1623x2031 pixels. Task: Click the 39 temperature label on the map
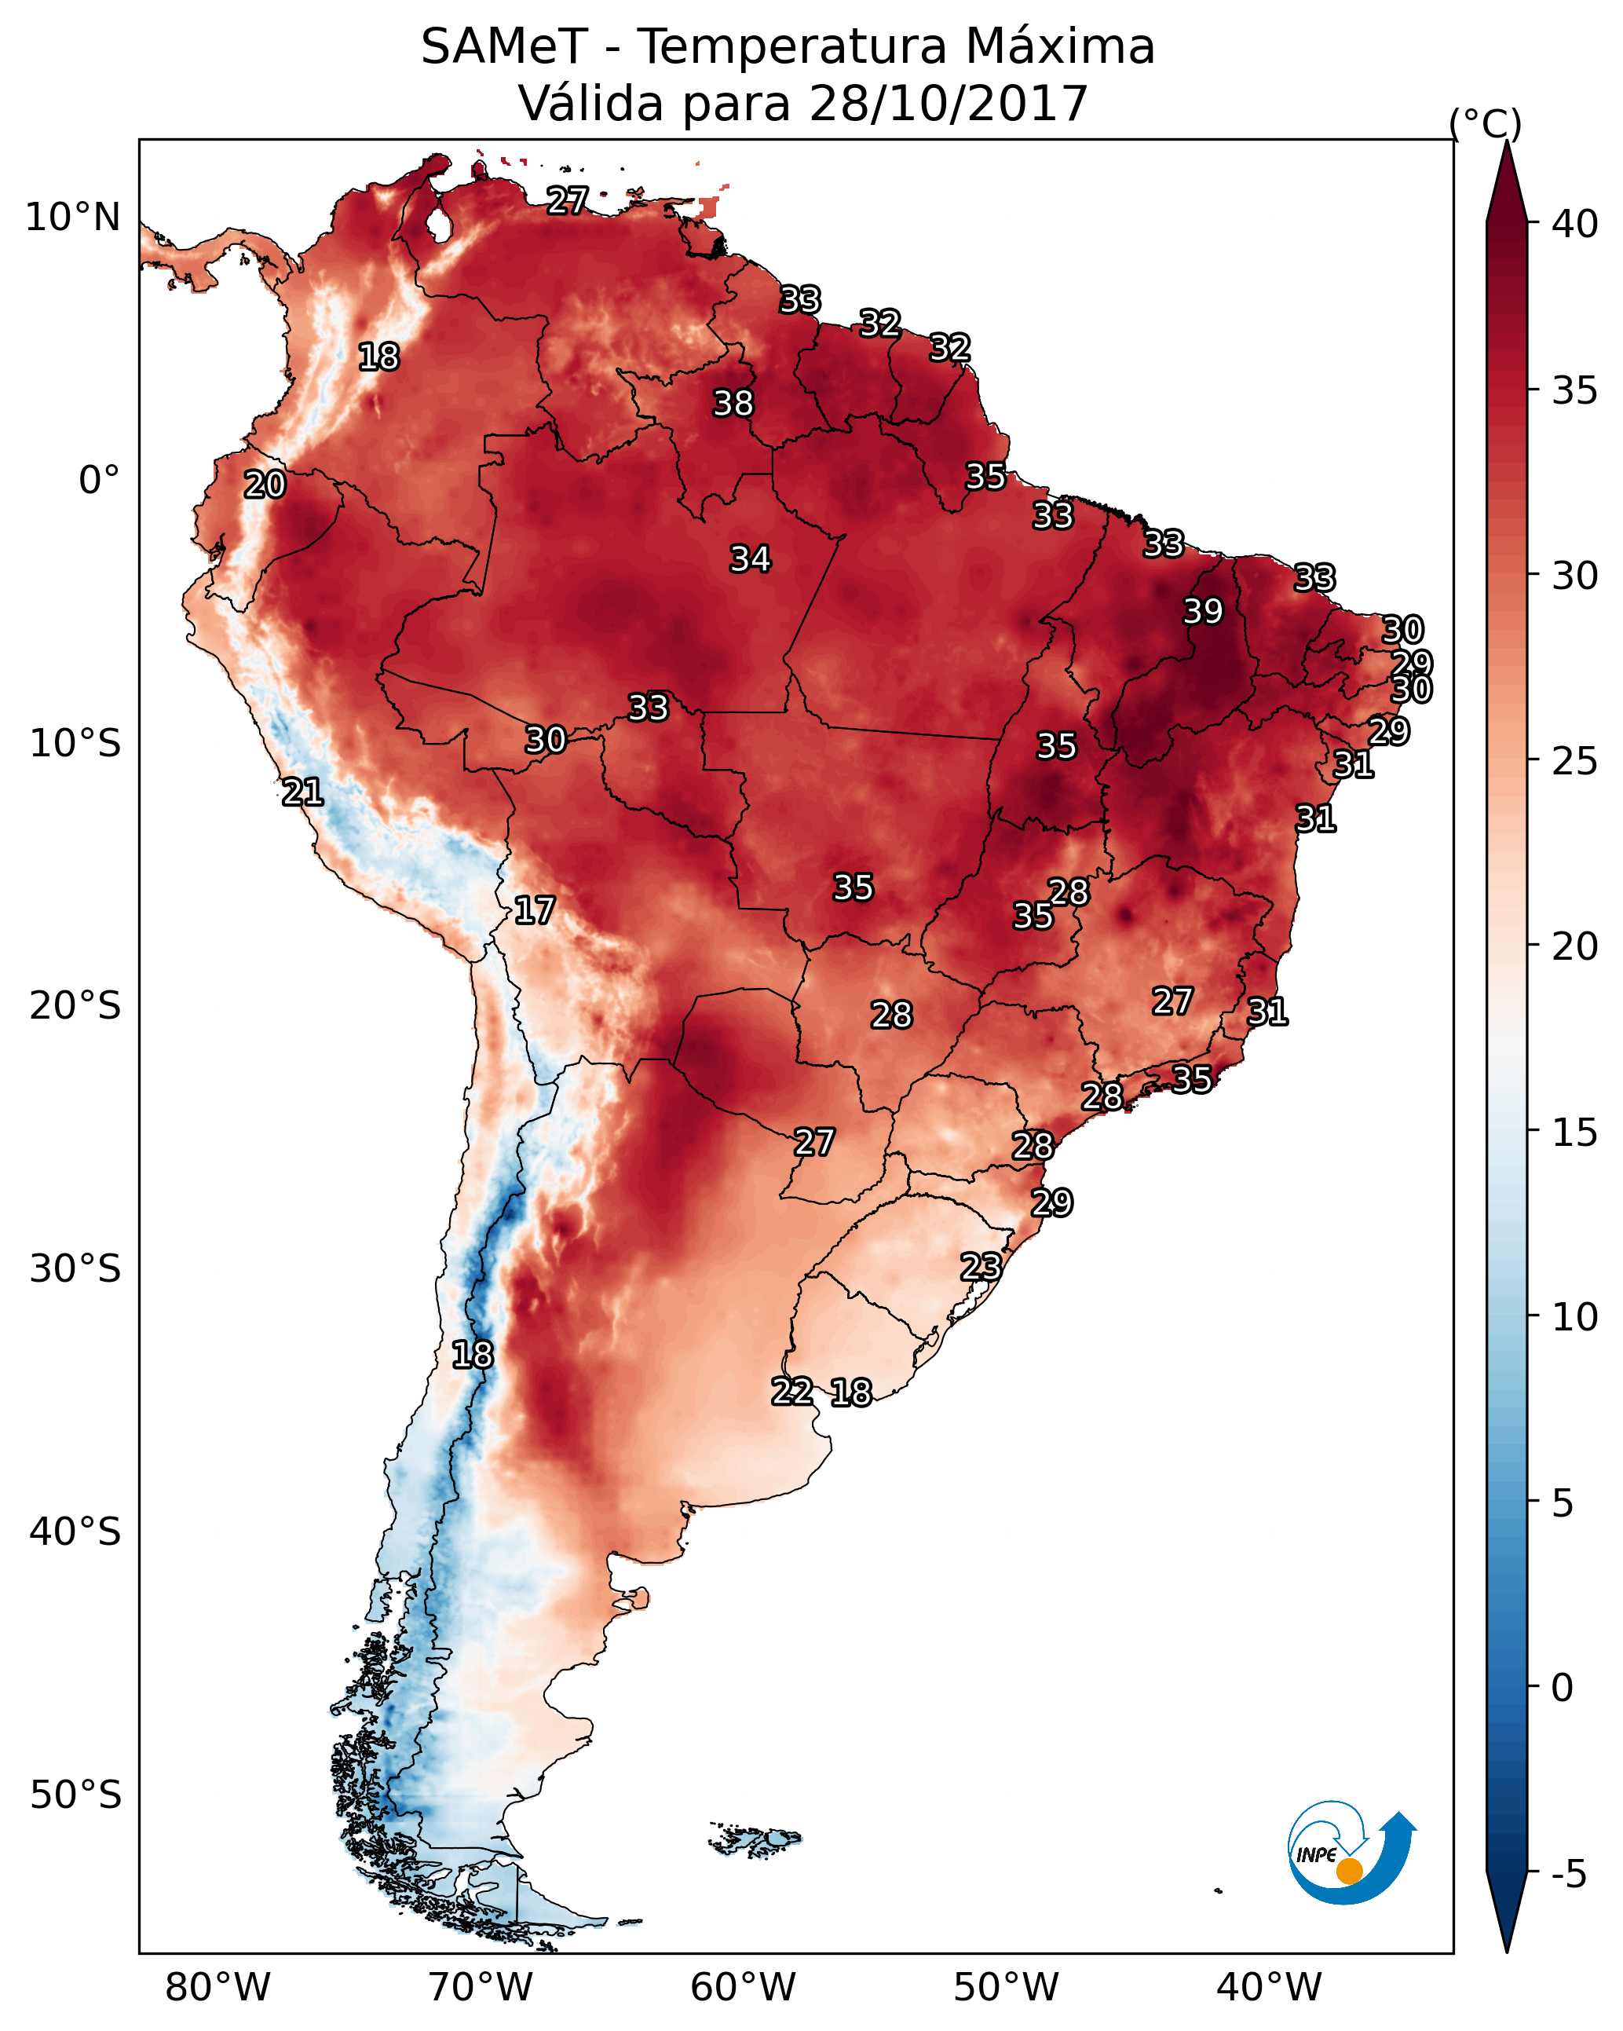[1203, 611]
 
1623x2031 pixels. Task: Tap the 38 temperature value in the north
[733, 403]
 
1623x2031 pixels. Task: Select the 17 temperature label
[534, 910]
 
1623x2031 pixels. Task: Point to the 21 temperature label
[302, 792]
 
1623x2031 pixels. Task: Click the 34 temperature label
[750, 558]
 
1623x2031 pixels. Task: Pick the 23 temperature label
[981, 1266]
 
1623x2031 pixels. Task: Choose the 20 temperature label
[265, 485]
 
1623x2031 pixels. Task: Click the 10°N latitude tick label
[72, 218]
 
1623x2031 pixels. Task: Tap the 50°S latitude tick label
[75, 1795]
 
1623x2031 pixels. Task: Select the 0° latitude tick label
[100, 481]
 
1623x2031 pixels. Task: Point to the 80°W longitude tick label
[217, 1987]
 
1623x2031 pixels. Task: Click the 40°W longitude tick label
[1269, 1987]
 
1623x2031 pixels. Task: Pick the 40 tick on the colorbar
[1575, 224]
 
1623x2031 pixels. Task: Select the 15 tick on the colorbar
[1575, 1133]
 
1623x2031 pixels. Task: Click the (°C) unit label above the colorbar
[1486, 123]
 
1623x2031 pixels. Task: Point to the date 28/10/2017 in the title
[949, 103]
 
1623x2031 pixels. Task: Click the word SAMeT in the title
[505, 46]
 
